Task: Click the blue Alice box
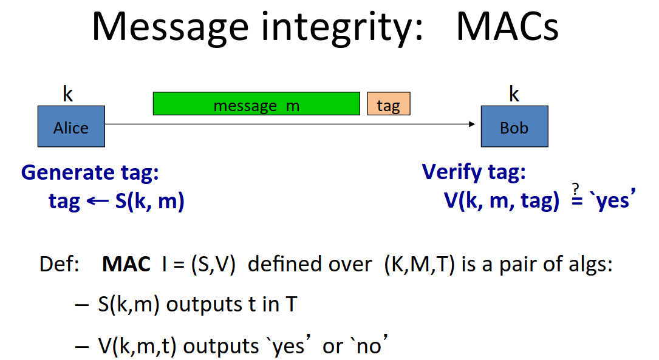(x=71, y=126)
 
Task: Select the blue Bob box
(x=514, y=126)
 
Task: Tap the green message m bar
(x=256, y=104)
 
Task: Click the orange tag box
(x=389, y=104)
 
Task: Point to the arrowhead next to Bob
(x=472, y=124)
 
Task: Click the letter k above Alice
(x=67, y=93)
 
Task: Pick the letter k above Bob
(x=514, y=93)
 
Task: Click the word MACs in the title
(x=507, y=27)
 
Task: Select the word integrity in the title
(x=342, y=28)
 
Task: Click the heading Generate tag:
(x=90, y=172)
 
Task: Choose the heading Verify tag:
(x=474, y=172)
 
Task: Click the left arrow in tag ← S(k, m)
(x=98, y=201)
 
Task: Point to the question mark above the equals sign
(x=576, y=188)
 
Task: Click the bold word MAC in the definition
(x=126, y=264)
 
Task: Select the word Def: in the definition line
(x=60, y=264)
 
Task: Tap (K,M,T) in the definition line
(x=420, y=265)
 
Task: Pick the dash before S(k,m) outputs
(x=81, y=305)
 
